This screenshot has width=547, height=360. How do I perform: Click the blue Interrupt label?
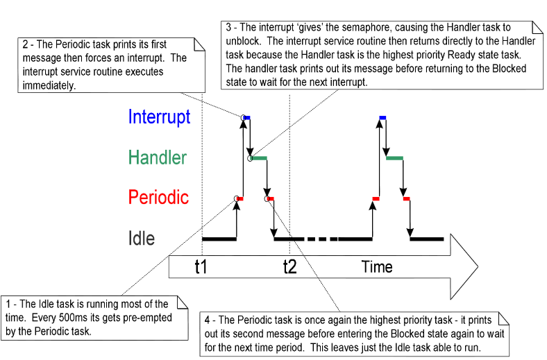[x=159, y=117]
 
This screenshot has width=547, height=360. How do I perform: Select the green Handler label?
[x=158, y=157]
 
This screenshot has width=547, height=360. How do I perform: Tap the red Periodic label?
[x=158, y=198]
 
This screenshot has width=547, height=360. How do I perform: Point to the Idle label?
[x=142, y=239]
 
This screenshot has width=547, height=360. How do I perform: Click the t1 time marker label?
[x=201, y=267]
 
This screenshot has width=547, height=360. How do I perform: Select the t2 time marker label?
[x=289, y=267]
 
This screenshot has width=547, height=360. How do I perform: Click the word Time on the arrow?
[x=377, y=267]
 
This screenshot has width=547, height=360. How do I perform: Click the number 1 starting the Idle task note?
[x=8, y=304]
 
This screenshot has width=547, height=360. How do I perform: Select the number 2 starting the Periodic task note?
[x=26, y=45]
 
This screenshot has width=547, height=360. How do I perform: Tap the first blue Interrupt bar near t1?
[x=246, y=118]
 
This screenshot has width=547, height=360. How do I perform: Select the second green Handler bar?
[x=394, y=158]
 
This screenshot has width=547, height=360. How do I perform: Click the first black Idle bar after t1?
[x=219, y=239]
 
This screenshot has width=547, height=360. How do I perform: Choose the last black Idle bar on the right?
[x=427, y=239]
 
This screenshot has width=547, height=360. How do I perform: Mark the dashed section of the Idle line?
[x=321, y=239]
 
